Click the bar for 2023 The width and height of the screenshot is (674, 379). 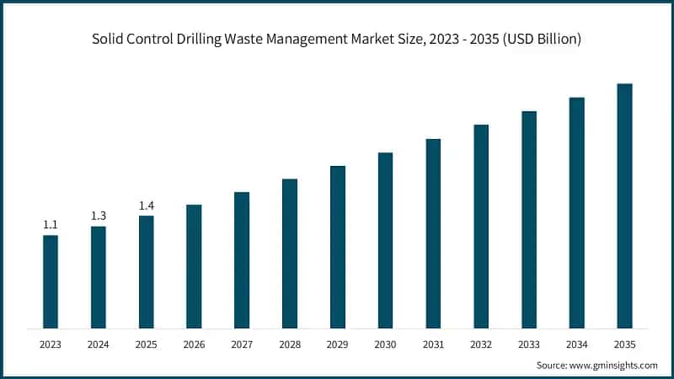(x=51, y=281)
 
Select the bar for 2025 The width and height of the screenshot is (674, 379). (x=147, y=271)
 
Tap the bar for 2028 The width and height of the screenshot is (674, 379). (x=290, y=253)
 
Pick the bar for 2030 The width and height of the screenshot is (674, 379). (x=385, y=240)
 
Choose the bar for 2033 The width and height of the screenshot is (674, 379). (x=529, y=219)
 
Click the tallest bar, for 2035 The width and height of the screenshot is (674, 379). (x=624, y=206)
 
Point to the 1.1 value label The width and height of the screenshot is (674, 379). (x=51, y=225)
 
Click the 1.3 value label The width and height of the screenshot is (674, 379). (x=99, y=216)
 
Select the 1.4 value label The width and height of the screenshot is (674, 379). (x=147, y=206)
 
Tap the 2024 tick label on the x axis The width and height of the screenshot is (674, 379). (x=99, y=344)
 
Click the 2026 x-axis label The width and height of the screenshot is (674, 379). (x=194, y=344)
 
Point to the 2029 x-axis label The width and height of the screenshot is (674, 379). (x=337, y=344)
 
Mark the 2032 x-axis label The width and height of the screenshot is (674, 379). (x=481, y=344)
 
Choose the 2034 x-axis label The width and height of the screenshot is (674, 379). (x=576, y=344)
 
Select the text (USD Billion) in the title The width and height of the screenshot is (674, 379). (x=538, y=39)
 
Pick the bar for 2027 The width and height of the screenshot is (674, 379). (x=242, y=259)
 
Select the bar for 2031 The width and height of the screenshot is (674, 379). (x=433, y=233)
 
